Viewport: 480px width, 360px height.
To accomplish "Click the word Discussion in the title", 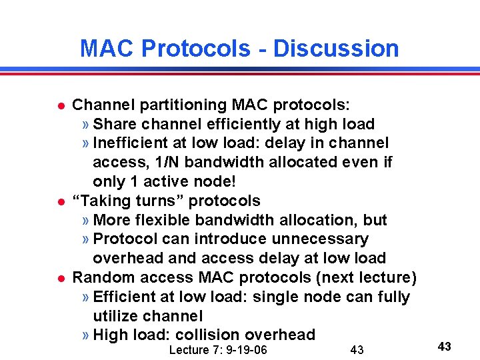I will coord(336,49).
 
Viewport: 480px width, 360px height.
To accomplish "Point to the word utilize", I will coord(119,315).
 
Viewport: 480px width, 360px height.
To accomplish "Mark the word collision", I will coord(205,335).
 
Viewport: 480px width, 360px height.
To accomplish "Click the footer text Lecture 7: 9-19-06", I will coord(218,350).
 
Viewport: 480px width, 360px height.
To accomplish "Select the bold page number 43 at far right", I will coord(445,346).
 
